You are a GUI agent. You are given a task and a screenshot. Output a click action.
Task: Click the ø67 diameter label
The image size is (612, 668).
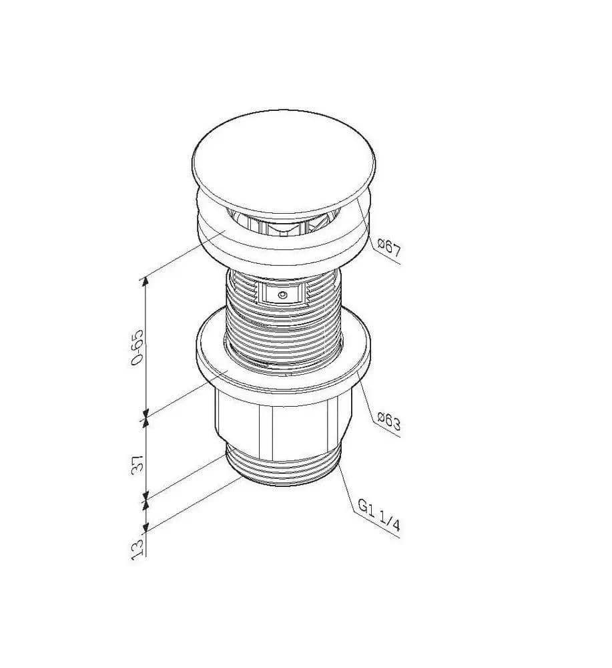click(389, 248)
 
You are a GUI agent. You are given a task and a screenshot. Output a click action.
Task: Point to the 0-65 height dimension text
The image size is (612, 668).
click(137, 347)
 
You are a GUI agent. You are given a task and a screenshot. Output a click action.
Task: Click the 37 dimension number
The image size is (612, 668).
click(137, 464)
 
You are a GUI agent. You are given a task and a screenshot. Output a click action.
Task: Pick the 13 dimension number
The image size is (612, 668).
click(137, 549)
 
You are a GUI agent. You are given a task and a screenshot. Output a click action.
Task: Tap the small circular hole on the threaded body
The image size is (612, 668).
click(282, 295)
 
